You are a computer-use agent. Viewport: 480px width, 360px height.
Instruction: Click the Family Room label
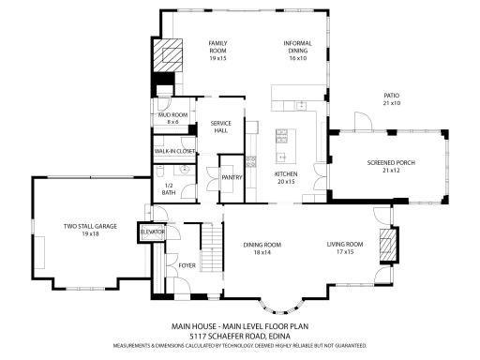coord(217,50)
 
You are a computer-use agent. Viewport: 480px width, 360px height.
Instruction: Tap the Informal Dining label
coord(298,50)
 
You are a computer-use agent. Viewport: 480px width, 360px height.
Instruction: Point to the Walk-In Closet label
coord(174,150)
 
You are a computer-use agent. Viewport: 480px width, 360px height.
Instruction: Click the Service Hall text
coord(221,127)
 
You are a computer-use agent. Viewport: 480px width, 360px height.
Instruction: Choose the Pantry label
coord(232,175)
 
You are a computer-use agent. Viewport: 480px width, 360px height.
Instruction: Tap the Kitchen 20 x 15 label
coord(285,177)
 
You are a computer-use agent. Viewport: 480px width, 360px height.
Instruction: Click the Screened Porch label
coord(384,166)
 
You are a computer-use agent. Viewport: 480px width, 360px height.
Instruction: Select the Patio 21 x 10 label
coord(392,99)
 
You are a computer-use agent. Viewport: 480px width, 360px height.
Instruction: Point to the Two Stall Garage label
coord(89,229)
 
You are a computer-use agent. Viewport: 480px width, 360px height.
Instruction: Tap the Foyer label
coord(187,265)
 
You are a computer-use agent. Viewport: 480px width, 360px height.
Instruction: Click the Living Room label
coord(345,247)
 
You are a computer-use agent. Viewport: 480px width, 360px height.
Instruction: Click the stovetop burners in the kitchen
coord(280,140)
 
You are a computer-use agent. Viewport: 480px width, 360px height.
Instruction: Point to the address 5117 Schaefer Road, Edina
coord(240,335)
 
